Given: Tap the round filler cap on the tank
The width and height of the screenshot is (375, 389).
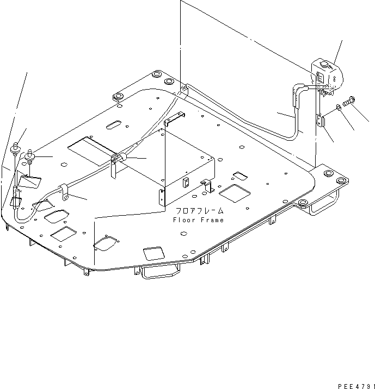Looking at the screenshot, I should pos(325,66).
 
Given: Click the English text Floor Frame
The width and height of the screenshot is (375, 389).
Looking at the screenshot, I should pos(198,220).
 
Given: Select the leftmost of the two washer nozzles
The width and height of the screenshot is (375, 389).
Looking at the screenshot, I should pos(15,147).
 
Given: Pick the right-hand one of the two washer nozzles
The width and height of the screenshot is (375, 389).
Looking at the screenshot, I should pos(30,156).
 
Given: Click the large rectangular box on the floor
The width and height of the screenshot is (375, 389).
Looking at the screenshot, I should pos(185,166).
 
